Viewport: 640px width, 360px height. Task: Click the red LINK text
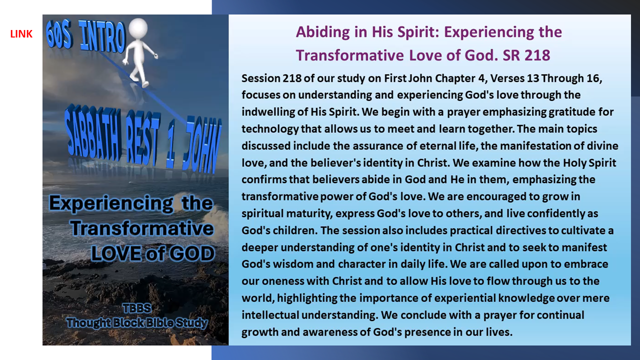(x=21, y=34)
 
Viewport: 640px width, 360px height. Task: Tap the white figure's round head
(x=138, y=28)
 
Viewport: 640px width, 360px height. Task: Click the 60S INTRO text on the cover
(x=86, y=36)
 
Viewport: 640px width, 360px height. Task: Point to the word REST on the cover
(x=143, y=138)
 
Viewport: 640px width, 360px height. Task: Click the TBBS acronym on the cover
(x=137, y=308)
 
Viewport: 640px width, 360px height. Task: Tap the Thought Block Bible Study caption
(x=137, y=323)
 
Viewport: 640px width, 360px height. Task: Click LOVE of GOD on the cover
(x=153, y=253)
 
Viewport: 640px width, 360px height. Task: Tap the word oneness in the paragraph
(x=283, y=281)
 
